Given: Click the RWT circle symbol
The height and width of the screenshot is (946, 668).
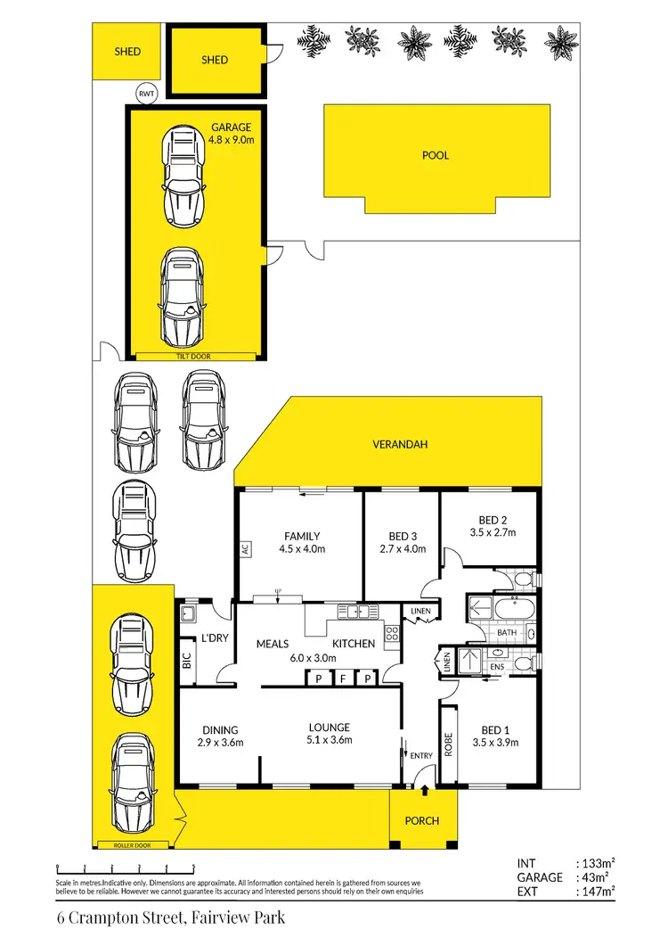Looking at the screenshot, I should pos(143,93).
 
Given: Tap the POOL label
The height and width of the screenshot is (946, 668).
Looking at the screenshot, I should pos(435,155).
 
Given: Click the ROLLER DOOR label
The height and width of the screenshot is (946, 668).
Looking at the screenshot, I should pos(133,843).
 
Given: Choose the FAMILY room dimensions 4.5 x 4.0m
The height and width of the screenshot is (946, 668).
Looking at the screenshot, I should pos(301,549).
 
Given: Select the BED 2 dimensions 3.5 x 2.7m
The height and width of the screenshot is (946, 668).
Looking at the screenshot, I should pos(491,533).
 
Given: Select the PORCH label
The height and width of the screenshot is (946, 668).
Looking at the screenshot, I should pos(421,820).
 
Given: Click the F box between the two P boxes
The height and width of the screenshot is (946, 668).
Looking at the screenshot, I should pos(343,679).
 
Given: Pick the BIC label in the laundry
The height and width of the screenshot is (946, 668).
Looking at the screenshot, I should pos(185,661).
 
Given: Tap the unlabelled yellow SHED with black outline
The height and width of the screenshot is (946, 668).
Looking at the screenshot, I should pos(215,61).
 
